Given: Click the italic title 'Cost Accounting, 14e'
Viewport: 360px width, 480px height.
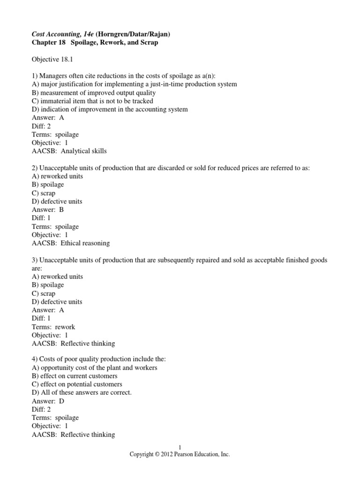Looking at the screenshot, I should click(60, 34).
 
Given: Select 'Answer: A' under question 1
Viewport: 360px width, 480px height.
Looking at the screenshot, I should click(48, 118).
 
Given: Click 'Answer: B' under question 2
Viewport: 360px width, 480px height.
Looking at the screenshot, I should click(48, 210).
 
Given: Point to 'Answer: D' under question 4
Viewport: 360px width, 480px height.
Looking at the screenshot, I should click(48, 401).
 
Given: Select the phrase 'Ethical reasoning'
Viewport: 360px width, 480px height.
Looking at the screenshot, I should click(86, 243).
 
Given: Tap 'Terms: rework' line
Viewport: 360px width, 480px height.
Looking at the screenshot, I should click(53, 327).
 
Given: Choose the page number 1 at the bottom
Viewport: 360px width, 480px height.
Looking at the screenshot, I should click(180, 447).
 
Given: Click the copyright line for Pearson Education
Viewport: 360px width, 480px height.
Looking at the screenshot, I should click(180, 455).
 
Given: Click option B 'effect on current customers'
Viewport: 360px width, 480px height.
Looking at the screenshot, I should click(74, 376).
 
